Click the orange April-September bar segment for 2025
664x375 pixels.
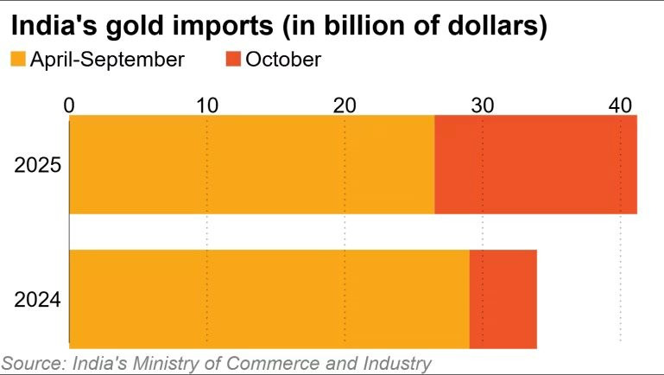(x=251, y=164)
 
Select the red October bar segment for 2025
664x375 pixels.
(x=535, y=164)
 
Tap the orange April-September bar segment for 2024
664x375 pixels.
(x=269, y=299)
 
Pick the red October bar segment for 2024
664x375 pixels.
(x=503, y=299)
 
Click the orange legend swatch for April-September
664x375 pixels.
(x=17, y=60)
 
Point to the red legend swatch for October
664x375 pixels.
(x=233, y=60)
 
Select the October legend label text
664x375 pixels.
(x=283, y=60)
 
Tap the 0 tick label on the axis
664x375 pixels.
(x=69, y=105)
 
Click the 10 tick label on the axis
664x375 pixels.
(x=206, y=105)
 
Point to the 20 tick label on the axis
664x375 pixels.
(x=345, y=105)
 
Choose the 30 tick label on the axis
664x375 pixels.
(x=482, y=105)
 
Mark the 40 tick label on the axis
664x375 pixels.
(x=620, y=105)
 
